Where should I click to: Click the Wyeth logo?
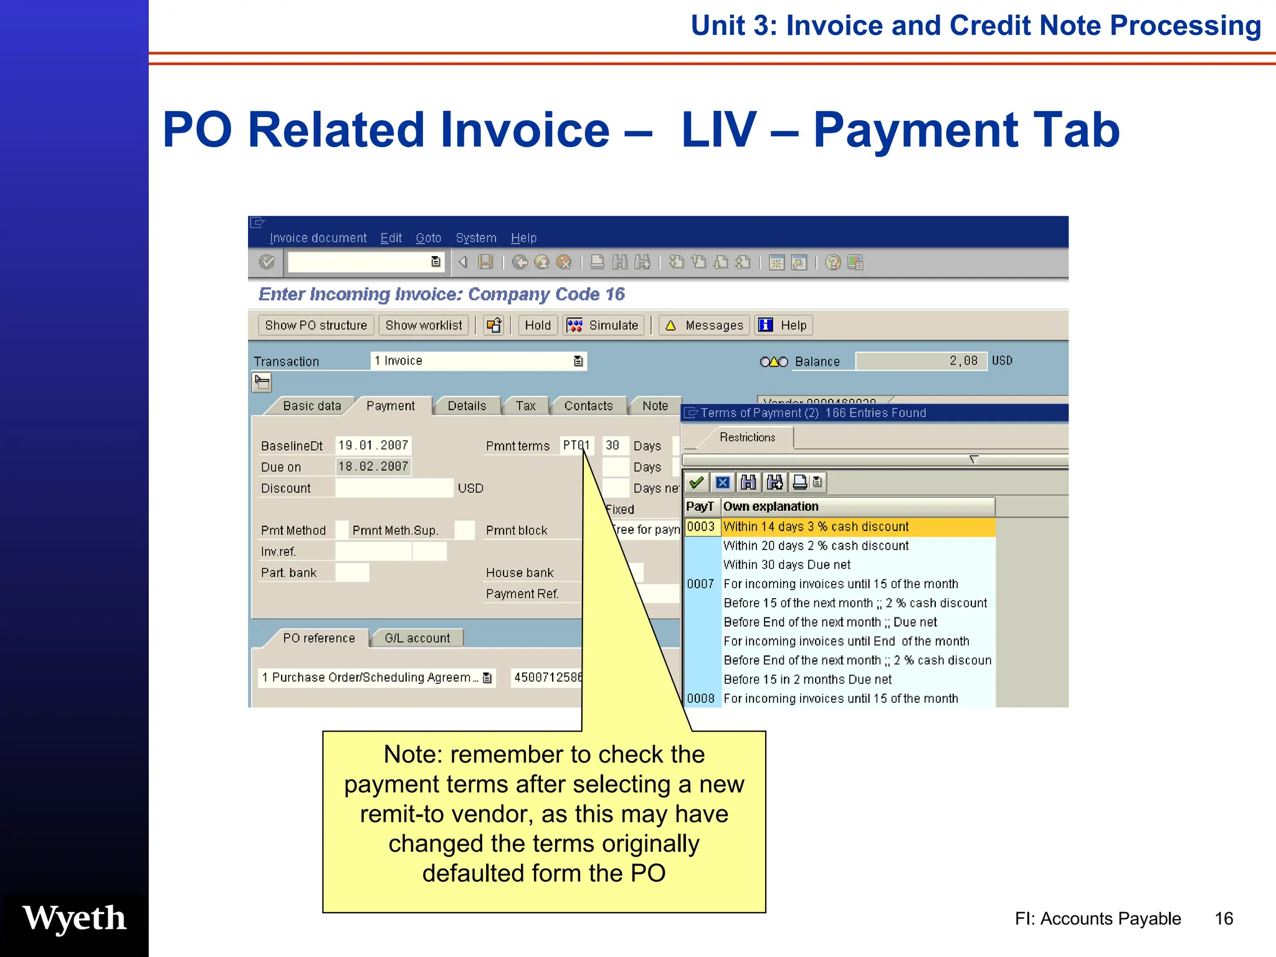tap(74, 918)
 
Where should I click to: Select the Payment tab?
tap(390, 406)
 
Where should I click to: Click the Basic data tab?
tap(312, 406)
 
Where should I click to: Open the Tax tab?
tap(525, 406)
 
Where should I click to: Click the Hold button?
tap(538, 325)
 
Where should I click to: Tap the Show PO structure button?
tap(316, 325)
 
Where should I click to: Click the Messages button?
tap(705, 325)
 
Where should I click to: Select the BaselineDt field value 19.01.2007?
tap(373, 445)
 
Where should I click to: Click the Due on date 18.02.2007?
tap(373, 467)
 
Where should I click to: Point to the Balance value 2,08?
tap(963, 361)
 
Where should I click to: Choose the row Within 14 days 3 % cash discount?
tap(816, 527)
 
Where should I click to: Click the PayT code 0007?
tap(700, 584)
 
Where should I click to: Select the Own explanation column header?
tap(771, 507)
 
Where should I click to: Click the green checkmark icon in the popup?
tap(697, 482)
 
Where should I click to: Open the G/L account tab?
tap(417, 639)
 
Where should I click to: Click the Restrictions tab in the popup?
tap(747, 437)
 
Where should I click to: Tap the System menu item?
tap(476, 238)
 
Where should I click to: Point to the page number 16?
tap(1224, 919)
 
